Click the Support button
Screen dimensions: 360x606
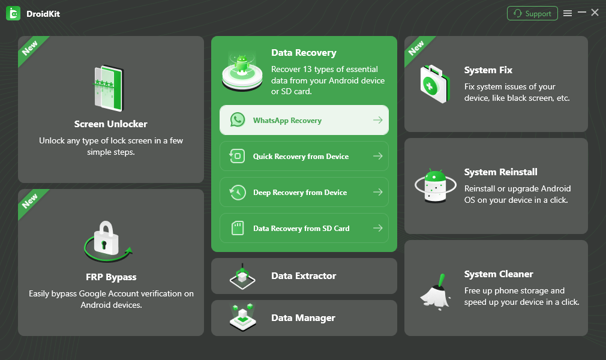click(532, 13)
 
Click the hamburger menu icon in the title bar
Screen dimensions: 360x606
click(568, 13)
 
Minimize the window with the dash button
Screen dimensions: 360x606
click(581, 13)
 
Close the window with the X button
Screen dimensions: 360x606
click(595, 13)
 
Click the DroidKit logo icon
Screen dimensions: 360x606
click(13, 13)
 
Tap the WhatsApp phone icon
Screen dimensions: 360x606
click(238, 120)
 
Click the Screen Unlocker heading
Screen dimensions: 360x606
click(111, 124)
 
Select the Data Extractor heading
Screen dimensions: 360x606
click(304, 276)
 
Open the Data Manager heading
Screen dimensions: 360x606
click(303, 318)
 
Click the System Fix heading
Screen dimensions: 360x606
click(488, 70)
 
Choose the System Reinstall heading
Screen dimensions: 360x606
click(501, 172)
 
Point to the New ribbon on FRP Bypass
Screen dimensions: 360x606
click(30, 202)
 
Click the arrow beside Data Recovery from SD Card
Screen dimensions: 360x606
click(377, 229)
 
